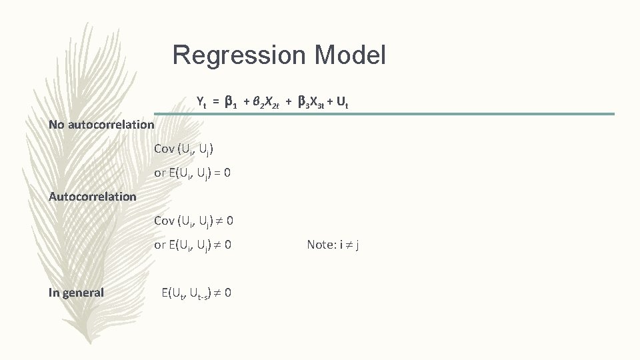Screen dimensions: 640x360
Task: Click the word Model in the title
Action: click(352, 55)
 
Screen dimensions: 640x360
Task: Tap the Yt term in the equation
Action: click(201, 102)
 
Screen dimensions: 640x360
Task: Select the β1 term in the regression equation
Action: click(231, 103)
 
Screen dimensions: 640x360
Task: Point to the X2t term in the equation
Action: click(269, 103)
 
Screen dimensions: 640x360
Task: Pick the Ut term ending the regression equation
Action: click(343, 103)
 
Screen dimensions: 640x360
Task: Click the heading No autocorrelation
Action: click(101, 125)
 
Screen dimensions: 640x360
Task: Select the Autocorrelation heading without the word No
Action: click(93, 196)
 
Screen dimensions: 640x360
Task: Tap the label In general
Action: click(76, 292)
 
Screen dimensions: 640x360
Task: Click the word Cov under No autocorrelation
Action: click(164, 149)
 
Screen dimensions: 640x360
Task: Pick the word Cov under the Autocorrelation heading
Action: click(164, 221)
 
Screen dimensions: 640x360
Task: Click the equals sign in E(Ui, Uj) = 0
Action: click(216, 173)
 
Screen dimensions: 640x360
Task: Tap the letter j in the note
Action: click(358, 245)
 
